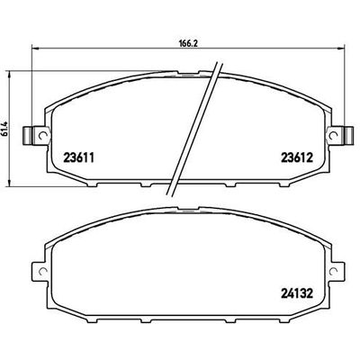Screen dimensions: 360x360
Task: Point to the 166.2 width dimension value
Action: tap(188, 40)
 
